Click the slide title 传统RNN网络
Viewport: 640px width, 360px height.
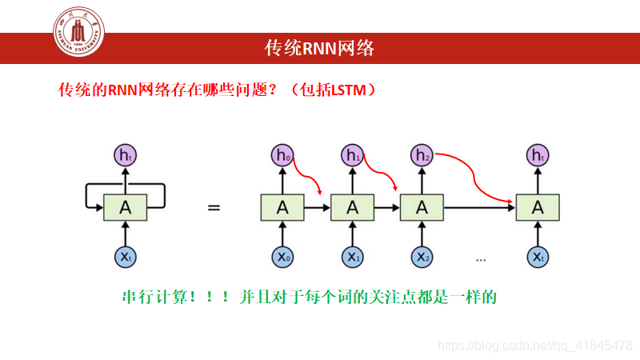pos(319,48)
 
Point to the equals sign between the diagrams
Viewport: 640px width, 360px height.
pos(214,208)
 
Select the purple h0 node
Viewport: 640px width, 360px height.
pos(282,155)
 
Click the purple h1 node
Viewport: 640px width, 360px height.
pos(352,155)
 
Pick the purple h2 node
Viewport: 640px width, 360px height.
pos(422,155)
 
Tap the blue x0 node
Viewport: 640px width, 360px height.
pos(282,257)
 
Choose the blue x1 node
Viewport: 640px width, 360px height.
pos(352,257)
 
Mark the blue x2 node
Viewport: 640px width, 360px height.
pos(422,257)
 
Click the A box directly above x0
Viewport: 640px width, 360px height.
pos(282,208)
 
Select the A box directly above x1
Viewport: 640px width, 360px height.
pos(352,208)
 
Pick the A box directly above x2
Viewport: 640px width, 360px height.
pos(422,208)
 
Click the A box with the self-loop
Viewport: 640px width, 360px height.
pos(126,208)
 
